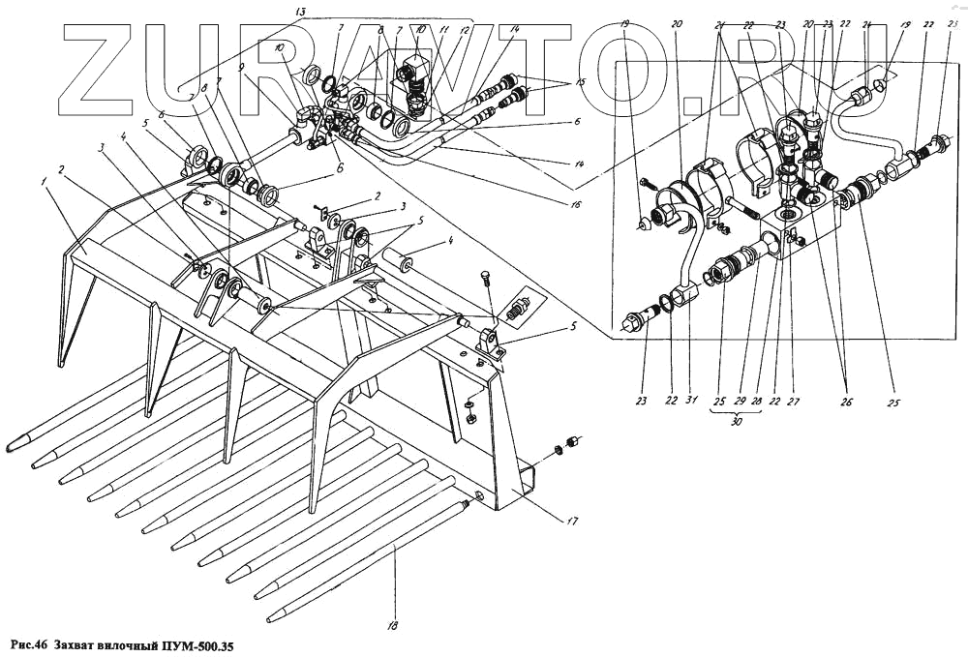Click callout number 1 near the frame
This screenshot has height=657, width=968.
pyautogui.click(x=44, y=179)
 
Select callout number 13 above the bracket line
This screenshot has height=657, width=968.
pyautogui.click(x=301, y=11)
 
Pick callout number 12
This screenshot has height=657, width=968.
pyautogui.click(x=465, y=32)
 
